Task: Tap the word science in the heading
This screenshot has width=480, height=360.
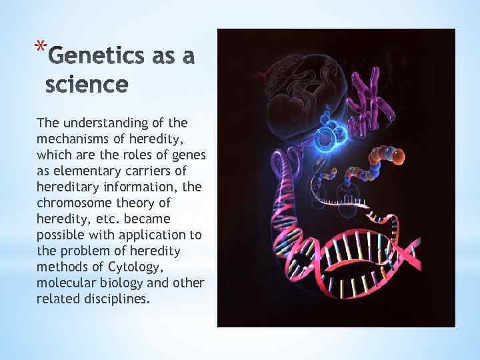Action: click(86, 85)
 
